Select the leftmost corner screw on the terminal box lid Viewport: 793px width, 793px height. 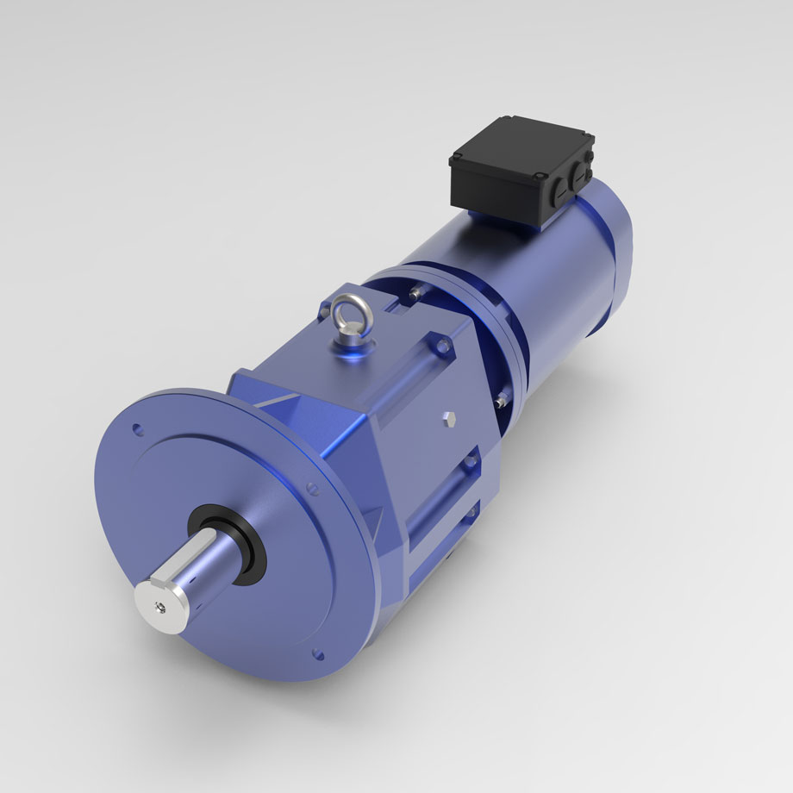point(454,160)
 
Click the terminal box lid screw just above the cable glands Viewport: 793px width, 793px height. point(540,177)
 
